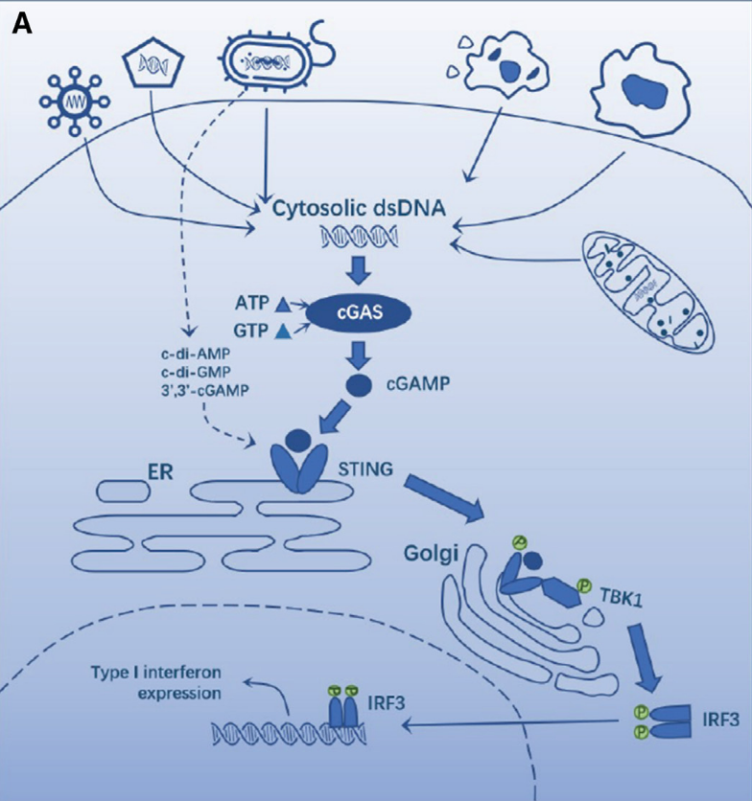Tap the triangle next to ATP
point(283,306)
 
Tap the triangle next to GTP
point(283,332)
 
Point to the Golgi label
point(428,553)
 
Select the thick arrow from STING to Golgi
point(447,497)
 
